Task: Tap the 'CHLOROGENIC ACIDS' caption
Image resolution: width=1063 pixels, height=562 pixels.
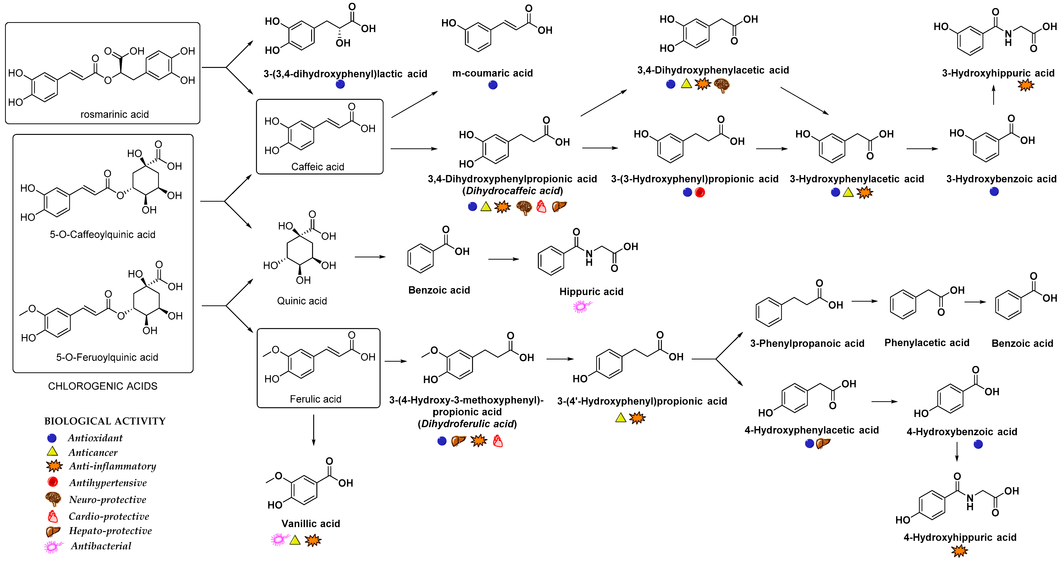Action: click(x=103, y=386)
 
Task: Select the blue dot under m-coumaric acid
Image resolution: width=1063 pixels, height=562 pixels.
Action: click(x=493, y=85)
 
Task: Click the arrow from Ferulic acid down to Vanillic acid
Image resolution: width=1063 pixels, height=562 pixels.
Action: click(x=314, y=430)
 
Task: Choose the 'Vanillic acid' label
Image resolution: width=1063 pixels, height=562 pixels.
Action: click(x=311, y=524)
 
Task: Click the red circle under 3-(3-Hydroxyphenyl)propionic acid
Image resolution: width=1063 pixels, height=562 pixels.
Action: click(x=700, y=192)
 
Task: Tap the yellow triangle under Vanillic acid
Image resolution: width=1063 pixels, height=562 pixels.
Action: click(x=295, y=540)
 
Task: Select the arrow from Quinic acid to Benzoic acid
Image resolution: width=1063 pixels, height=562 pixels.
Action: click(x=370, y=257)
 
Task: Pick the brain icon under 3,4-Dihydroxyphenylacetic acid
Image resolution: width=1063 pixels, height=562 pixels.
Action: click(x=722, y=85)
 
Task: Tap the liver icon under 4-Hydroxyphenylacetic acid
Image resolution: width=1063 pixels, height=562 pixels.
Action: click(x=823, y=444)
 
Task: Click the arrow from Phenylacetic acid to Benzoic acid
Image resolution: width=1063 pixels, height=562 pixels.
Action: click(x=975, y=302)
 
